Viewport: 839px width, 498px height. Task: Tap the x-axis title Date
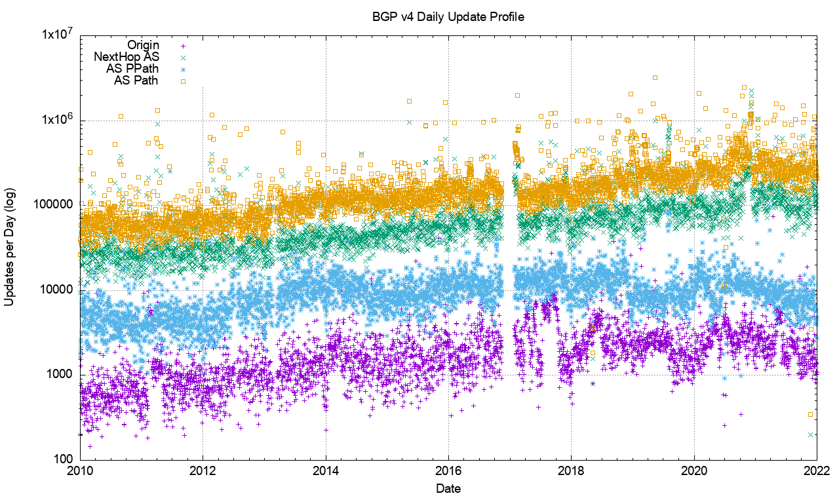(x=448, y=488)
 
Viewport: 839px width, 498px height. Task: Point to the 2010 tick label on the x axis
(x=80, y=471)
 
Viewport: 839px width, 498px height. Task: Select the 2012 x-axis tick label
(x=203, y=471)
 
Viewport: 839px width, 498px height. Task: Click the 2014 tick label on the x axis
(x=326, y=471)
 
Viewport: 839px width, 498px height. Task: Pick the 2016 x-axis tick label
(x=448, y=471)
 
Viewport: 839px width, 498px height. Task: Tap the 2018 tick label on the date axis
(x=571, y=471)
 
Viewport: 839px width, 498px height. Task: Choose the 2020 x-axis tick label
(x=694, y=471)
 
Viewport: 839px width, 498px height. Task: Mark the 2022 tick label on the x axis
(x=817, y=471)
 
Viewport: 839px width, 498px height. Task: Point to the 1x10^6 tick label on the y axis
(x=54, y=121)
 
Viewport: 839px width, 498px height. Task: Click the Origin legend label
(x=144, y=45)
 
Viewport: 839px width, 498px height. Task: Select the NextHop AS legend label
(x=127, y=57)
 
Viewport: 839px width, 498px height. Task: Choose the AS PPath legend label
(x=132, y=69)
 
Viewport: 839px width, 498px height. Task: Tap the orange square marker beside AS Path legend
(x=184, y=81)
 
